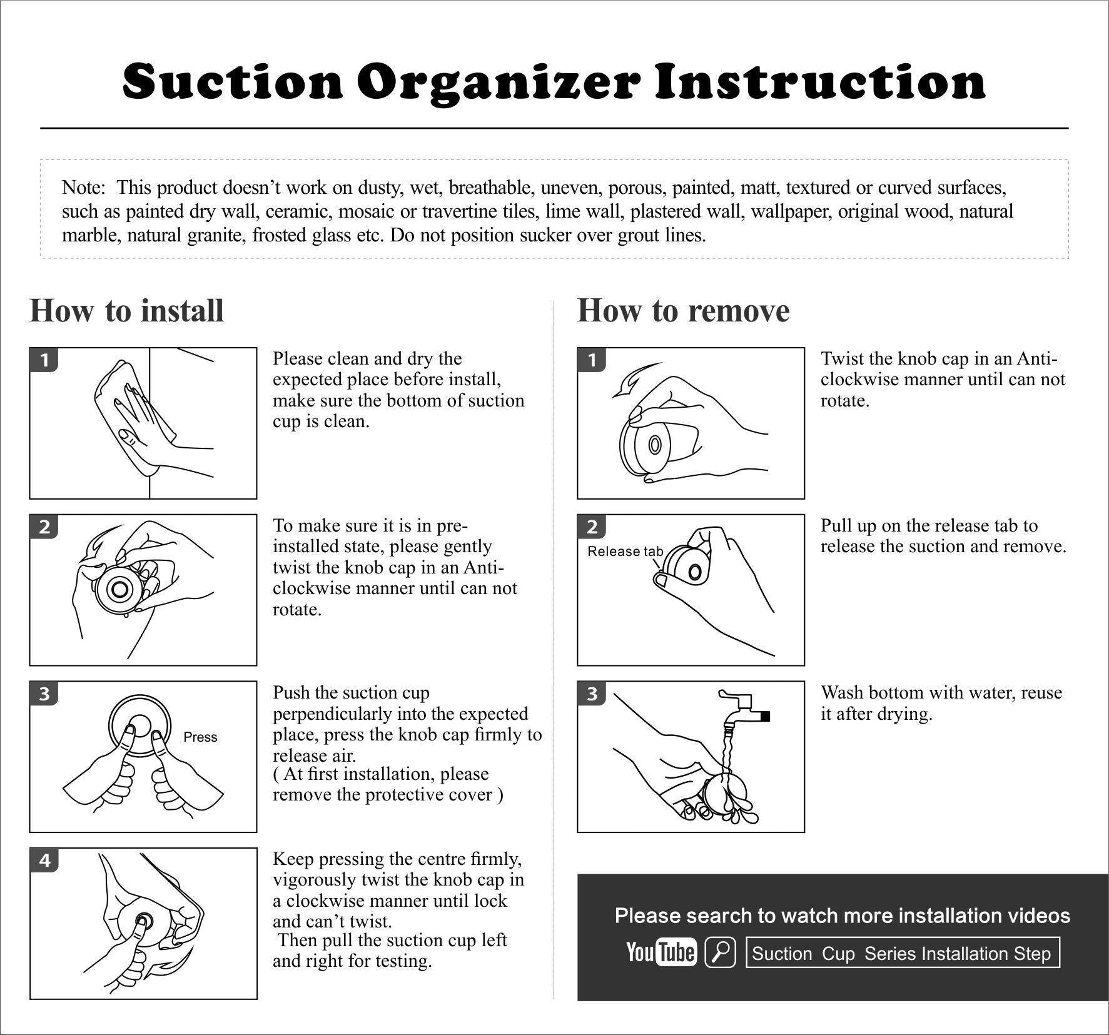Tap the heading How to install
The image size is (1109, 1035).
[126, 311]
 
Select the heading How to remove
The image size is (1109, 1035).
[683, 311]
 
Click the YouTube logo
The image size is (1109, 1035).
[661, 952]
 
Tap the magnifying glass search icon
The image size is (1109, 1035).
[720, 952]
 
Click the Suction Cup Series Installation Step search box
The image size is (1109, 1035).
[903, 952]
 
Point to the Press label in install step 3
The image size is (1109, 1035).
[200, 737]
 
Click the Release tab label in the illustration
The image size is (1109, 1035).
[625, 551]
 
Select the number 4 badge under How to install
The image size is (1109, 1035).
[44, 861]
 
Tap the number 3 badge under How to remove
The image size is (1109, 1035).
[592, 694]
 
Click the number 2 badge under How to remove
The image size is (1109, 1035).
[592, 527]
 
